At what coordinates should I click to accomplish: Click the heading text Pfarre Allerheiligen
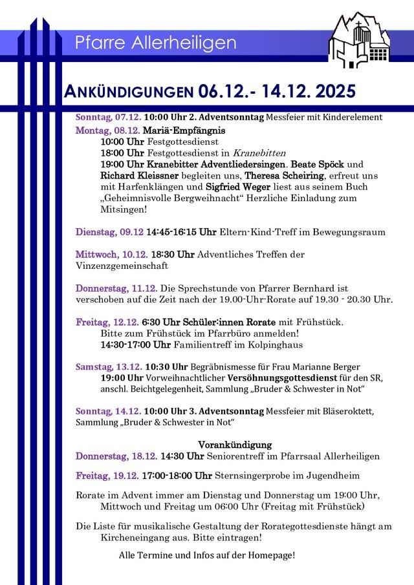(x=155, y=43)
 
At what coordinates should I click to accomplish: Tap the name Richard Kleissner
(x=136, y=175)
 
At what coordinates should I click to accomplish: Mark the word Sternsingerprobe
(x=258, y=476)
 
